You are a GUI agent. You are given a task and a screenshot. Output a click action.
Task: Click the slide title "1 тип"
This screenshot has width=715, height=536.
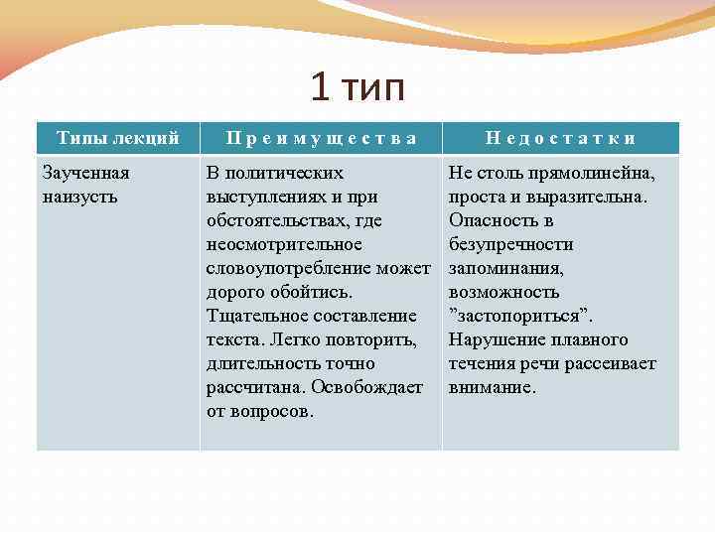[357, 88]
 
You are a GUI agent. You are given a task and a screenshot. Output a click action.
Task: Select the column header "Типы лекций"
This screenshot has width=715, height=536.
[117, 138]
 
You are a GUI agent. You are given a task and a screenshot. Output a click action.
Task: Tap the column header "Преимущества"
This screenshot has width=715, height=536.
[320, 138]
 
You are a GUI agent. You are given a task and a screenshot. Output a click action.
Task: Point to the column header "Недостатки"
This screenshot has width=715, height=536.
[561, 138]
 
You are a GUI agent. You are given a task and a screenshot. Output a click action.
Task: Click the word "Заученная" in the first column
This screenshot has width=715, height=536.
[85, 173]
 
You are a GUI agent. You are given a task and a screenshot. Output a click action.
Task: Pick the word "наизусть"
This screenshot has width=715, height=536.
[80, 197]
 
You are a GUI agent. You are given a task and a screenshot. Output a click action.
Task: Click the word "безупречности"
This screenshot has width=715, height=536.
[510, 244]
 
